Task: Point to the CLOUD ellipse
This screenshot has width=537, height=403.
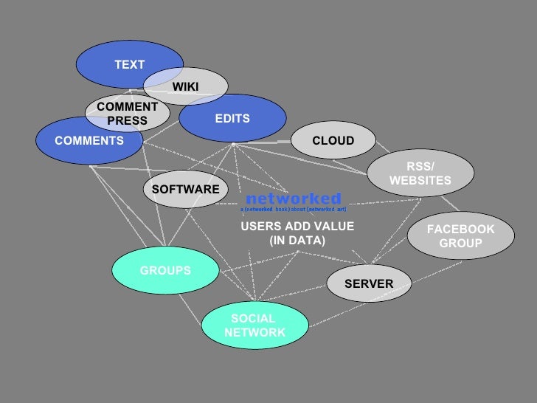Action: (333, 141)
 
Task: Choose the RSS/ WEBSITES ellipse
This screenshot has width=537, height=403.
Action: (420, 173)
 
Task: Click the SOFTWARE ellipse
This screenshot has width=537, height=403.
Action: (185, 190)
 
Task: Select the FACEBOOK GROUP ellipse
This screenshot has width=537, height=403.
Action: (460, 236)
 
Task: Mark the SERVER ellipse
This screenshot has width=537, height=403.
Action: (369, 283)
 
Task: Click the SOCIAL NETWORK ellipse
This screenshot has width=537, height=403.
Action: (254, 325)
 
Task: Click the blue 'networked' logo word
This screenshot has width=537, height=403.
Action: (293, 198)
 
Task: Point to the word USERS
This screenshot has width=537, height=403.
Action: (258, 227)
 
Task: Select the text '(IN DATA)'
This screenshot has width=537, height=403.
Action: (297, 241)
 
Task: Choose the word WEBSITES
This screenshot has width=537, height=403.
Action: (420, 181)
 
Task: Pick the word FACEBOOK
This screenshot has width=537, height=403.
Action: (460, 230)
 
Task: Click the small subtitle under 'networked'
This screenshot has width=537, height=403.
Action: (294, 210)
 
